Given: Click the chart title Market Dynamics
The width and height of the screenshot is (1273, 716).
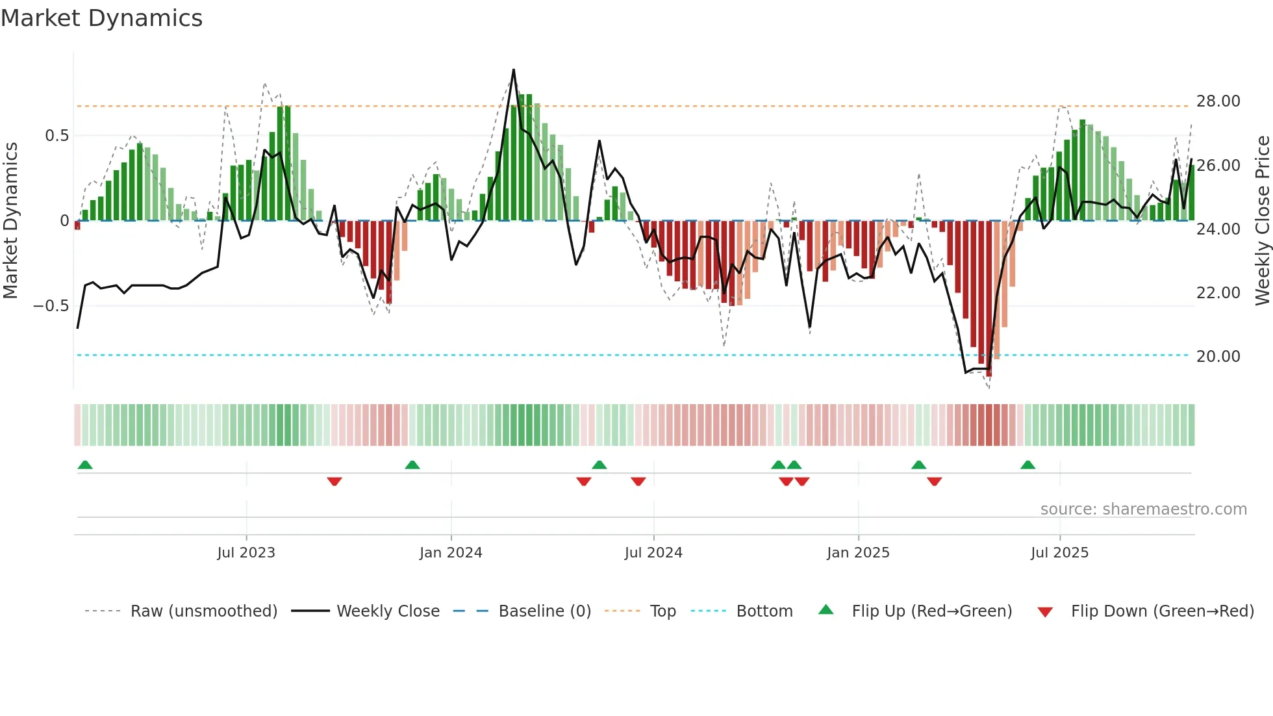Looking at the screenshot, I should coord(101,18).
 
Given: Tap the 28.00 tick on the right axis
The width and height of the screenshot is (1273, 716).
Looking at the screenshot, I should coord(1218,101).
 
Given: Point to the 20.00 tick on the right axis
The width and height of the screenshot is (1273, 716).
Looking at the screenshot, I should coord(1218,356).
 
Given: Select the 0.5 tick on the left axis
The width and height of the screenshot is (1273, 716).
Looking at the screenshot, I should coord(57,136).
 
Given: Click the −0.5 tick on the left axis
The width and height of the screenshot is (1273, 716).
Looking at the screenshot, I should coord(51,305).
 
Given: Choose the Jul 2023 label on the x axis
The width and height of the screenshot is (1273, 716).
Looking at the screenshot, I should coord(246,553).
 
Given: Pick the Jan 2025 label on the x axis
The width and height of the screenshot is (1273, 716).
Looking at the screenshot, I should coord(858,553).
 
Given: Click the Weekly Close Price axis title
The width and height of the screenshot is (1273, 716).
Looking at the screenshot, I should coord(1262,220).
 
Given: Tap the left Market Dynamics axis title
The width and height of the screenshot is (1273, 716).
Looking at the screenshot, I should coord(10,220).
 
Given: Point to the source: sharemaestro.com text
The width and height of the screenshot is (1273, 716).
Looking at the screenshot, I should coord(1143,509).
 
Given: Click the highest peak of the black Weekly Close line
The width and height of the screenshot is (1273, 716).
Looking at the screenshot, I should coord(514,70).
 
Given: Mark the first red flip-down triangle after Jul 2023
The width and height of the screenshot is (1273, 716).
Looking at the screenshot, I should coord(334,481).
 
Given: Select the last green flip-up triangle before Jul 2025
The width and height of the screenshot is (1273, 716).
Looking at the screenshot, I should coord(1027,465).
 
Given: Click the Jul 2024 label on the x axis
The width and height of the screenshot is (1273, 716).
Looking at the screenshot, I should coord(653,553).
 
